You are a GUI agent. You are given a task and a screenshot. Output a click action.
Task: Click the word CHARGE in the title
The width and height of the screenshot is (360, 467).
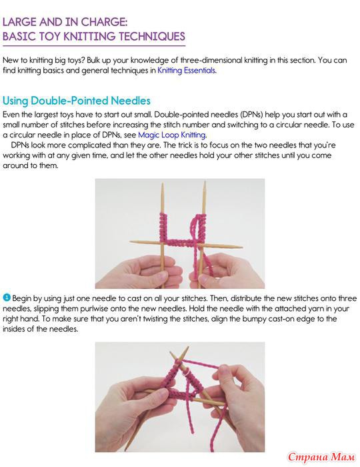point(103,22)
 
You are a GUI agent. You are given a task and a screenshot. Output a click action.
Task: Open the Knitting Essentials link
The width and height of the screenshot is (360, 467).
point(187,71)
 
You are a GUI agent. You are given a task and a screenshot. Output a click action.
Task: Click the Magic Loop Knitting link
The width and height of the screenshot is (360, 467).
point(172,135)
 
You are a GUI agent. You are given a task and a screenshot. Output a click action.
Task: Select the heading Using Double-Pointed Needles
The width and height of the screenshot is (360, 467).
point(77,101)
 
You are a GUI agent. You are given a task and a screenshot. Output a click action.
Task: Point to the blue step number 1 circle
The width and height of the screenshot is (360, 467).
point(7,298)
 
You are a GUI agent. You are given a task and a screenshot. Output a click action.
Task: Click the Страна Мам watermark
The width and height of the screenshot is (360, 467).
point(321,456)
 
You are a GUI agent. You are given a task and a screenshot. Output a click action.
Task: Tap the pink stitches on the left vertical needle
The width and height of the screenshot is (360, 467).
point(163,227)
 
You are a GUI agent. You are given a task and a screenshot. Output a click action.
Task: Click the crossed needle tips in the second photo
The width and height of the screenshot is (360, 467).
point(180,358)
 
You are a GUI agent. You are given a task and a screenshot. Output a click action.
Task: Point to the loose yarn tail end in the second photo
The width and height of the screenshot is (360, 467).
point(192,431)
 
